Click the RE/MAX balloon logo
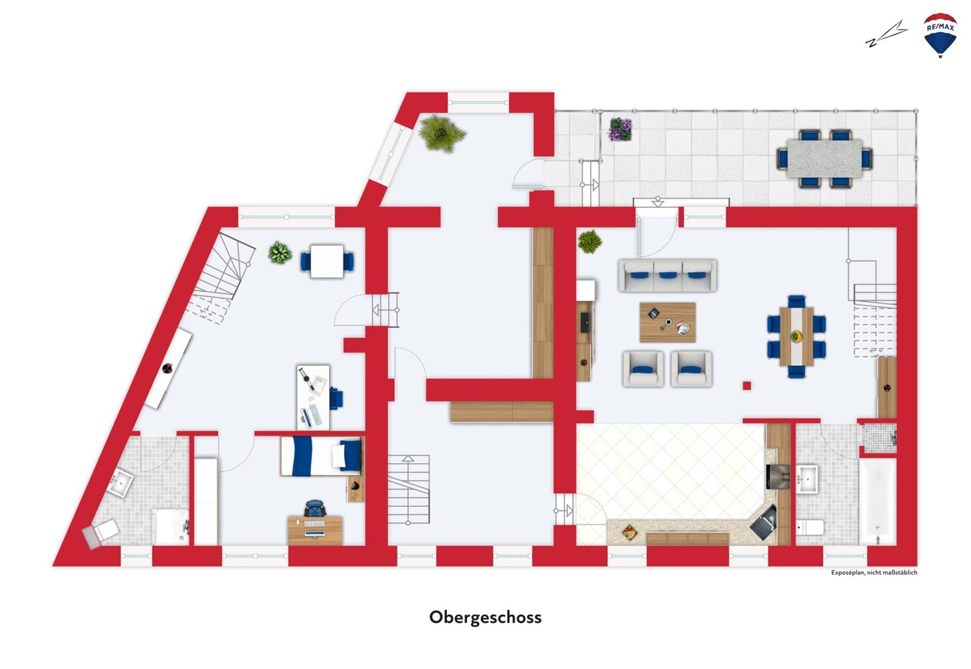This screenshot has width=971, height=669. [940, 35]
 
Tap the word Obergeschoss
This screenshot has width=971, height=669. [485, 617]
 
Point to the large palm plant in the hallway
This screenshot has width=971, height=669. [442, 133]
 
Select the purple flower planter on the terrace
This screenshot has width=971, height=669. [620, 130]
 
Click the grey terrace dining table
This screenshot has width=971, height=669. [824, 158]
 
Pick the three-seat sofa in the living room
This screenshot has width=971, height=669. [668, 276]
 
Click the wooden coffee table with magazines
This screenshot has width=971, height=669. [668, 322]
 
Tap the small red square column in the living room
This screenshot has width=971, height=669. [746, 385]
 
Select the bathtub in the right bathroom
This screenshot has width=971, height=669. [877, 501]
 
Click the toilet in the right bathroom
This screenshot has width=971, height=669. [810, 527]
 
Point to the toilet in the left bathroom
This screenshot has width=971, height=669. [103, 533]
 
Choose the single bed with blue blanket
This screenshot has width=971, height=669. [321, 456]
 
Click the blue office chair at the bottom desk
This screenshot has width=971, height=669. [315, 508]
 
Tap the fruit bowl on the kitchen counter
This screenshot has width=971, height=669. [630, 532]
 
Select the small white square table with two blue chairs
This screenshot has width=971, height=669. [327, 262]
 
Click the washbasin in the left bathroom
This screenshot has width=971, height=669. [121, 482]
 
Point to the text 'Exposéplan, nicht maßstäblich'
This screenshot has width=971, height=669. [874, 573]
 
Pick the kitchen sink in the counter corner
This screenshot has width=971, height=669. [764, 522]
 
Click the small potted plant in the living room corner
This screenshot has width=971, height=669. [590, 242]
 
